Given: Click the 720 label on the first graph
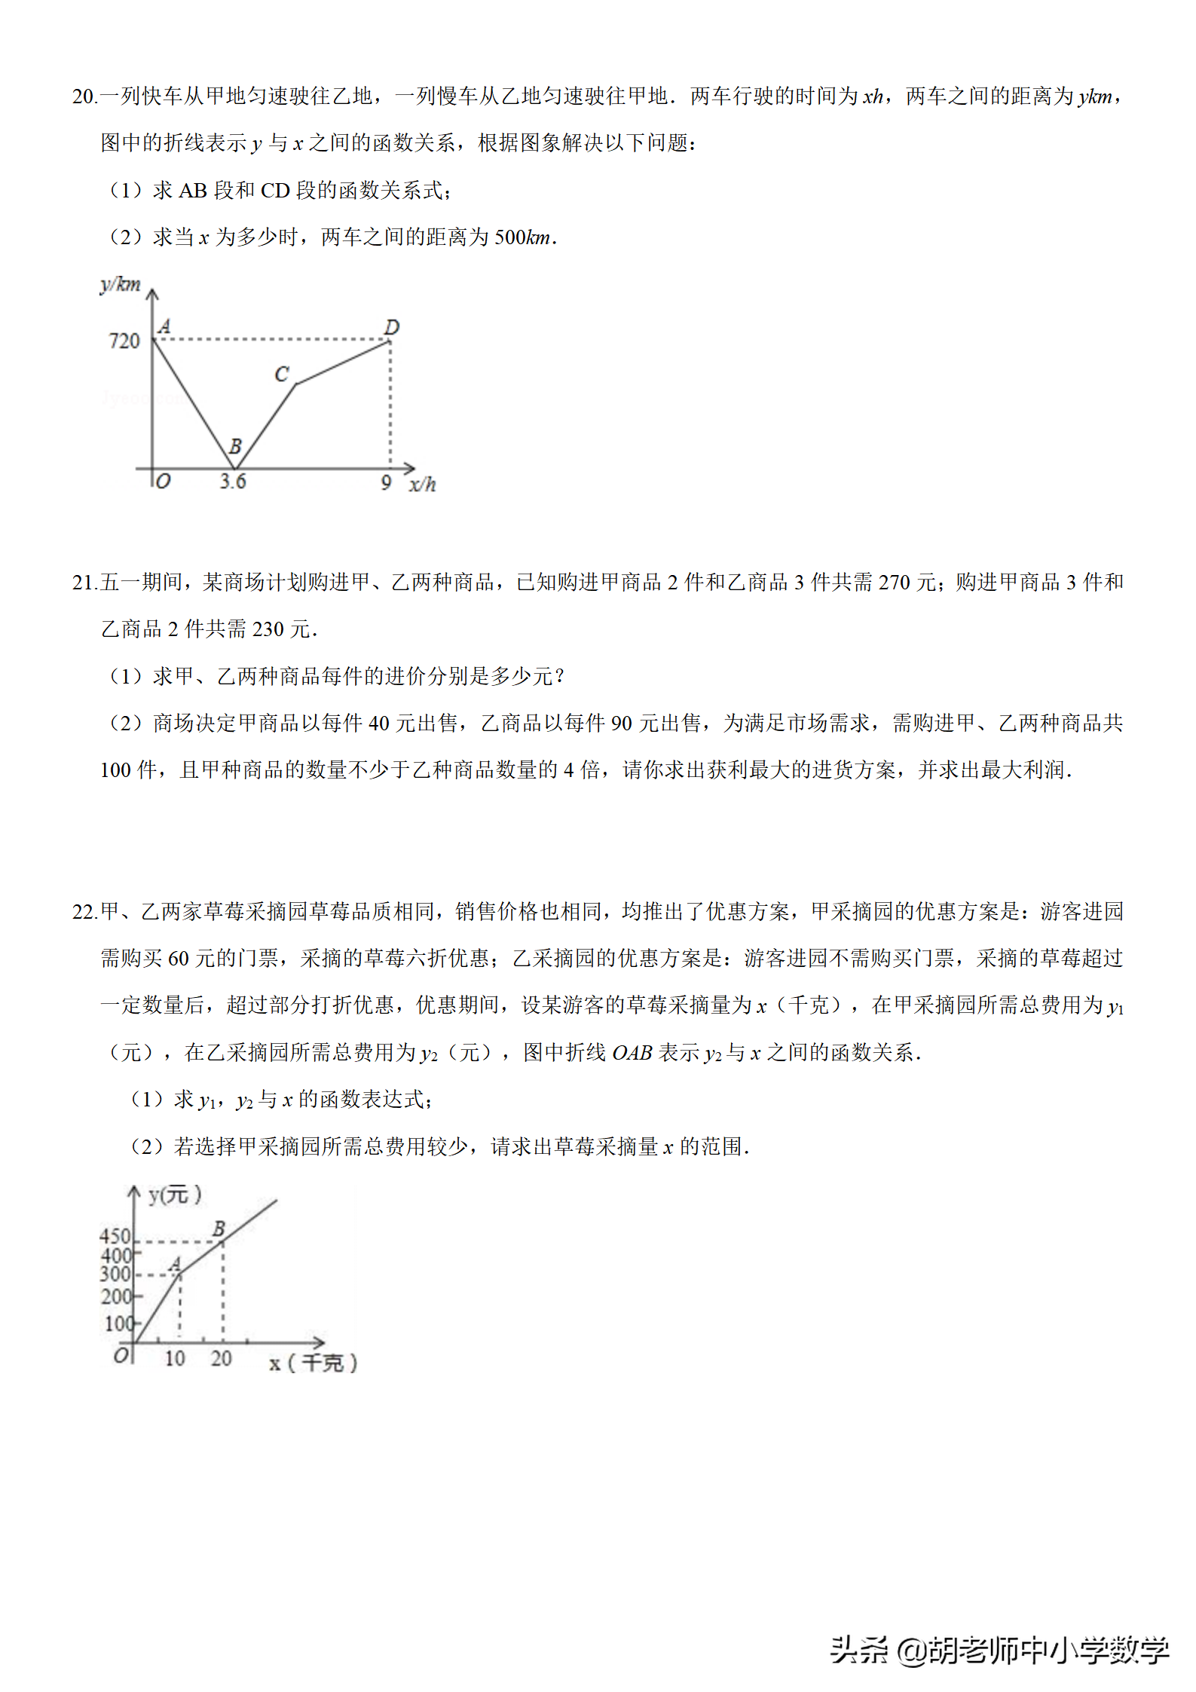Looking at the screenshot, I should pyautogui.click(x=124, y=341).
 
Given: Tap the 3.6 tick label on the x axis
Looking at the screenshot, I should pyautogui.click(x=233, y=481).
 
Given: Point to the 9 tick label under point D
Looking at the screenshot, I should pyautogui.click(x=386, y=482).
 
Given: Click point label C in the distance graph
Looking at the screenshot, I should pyautogui.click(x=282, y=374).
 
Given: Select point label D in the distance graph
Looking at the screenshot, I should pyautogui.click(x=391, y=327).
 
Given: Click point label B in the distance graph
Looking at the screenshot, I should pyautogui.click(x=235, y=446).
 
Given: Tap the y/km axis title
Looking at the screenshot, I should pyautogui.click(x=121, y=285).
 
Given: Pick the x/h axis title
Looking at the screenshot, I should pyautogui.click(x=423, y=484).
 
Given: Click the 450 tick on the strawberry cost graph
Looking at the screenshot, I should pyautogui.click(x=115, y=1236).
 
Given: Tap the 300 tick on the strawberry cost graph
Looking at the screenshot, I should pyautogui.click(x=115, y=1274).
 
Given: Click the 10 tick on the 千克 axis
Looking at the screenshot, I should pyautogui.click(x=175, y=1358).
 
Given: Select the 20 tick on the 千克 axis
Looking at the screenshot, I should pyautogui.click(x=221, y=1358).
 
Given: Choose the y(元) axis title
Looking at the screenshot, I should pyautogui.click(x=175, y=1195).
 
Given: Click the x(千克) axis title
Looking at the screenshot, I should pyautogui.click(x=313, y=1363).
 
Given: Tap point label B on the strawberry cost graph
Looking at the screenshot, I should pyautogui.click(x=219, y=1228).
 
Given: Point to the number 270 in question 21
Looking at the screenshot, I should pyautogui.click(x=895, y=583).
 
